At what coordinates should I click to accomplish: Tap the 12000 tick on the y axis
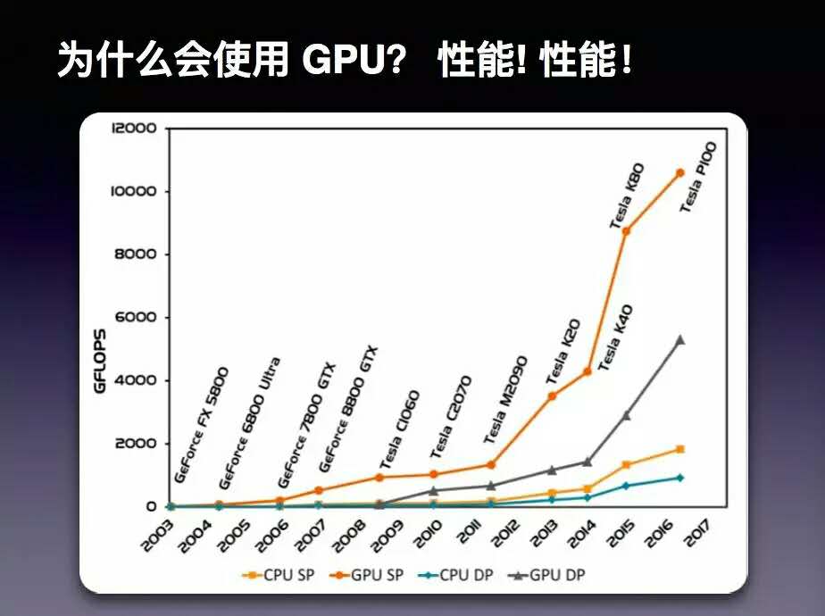tap(134, 128)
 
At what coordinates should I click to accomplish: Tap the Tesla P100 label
tap(698, 176)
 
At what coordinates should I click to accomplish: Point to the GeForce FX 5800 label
tap(202, 423)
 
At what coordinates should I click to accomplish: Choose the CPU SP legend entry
tap(274, 574)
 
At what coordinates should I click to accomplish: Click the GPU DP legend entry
tap(547, 574)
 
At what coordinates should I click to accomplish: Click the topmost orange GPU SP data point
tap(679, 172)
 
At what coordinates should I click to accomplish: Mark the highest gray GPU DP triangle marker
tap(679, 340)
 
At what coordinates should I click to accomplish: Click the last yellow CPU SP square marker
tap(679, 449)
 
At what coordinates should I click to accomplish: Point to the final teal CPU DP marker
tap(679, 478)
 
